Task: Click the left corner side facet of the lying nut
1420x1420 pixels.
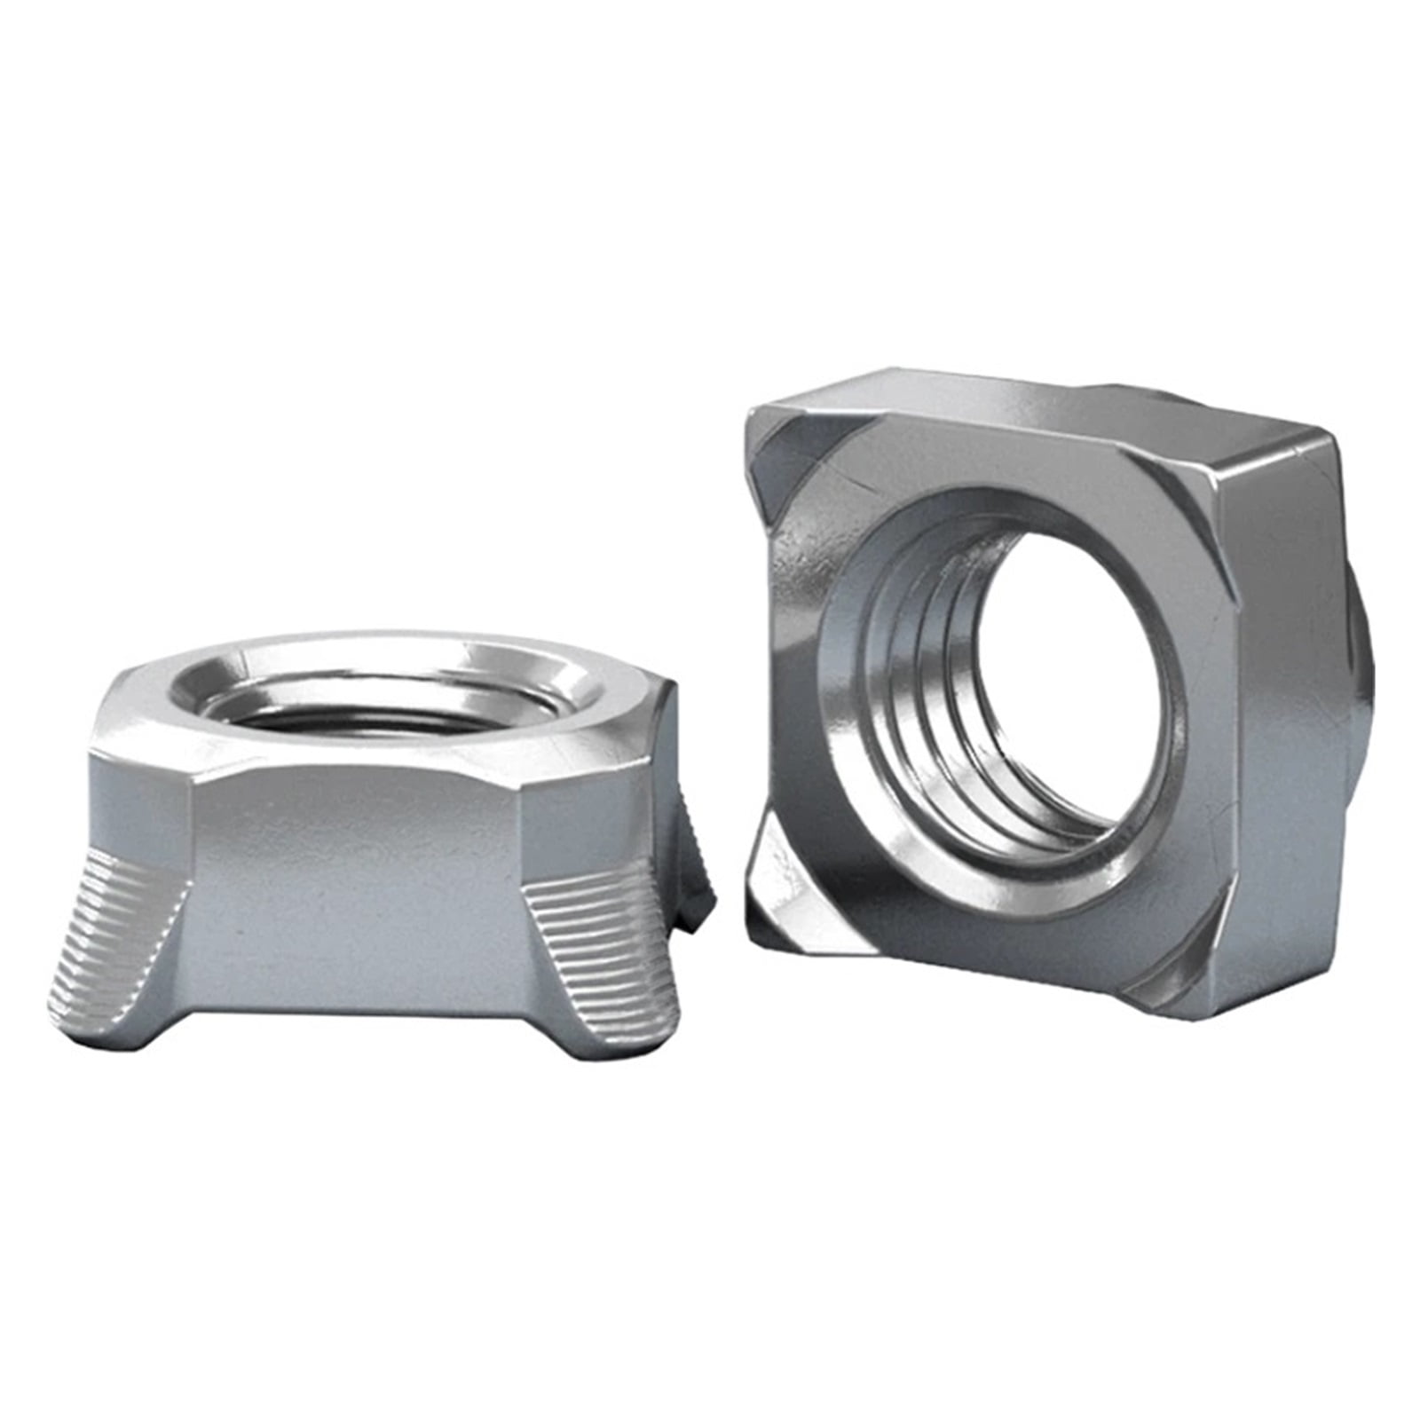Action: coord(142,799)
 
